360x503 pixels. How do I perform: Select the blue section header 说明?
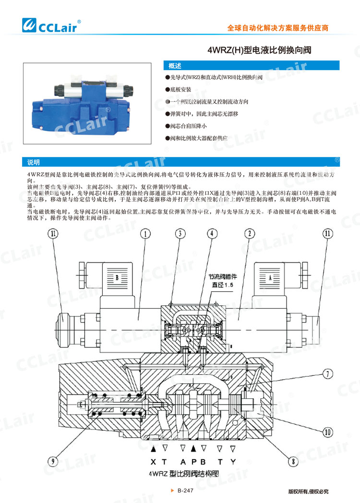[x=34, y=162]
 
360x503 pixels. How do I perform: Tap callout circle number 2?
[x=249, y=234]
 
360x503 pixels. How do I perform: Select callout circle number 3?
[x=179, y=234]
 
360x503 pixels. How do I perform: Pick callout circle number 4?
[x=212, y=234]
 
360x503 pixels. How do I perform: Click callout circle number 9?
[x=53, y=462]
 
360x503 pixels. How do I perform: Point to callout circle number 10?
[x=327, y=432]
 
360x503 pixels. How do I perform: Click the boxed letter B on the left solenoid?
[x=116, y=277]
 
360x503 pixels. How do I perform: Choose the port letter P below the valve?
[x=193, y=462]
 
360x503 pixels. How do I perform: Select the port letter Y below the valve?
[x=232, y=462]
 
